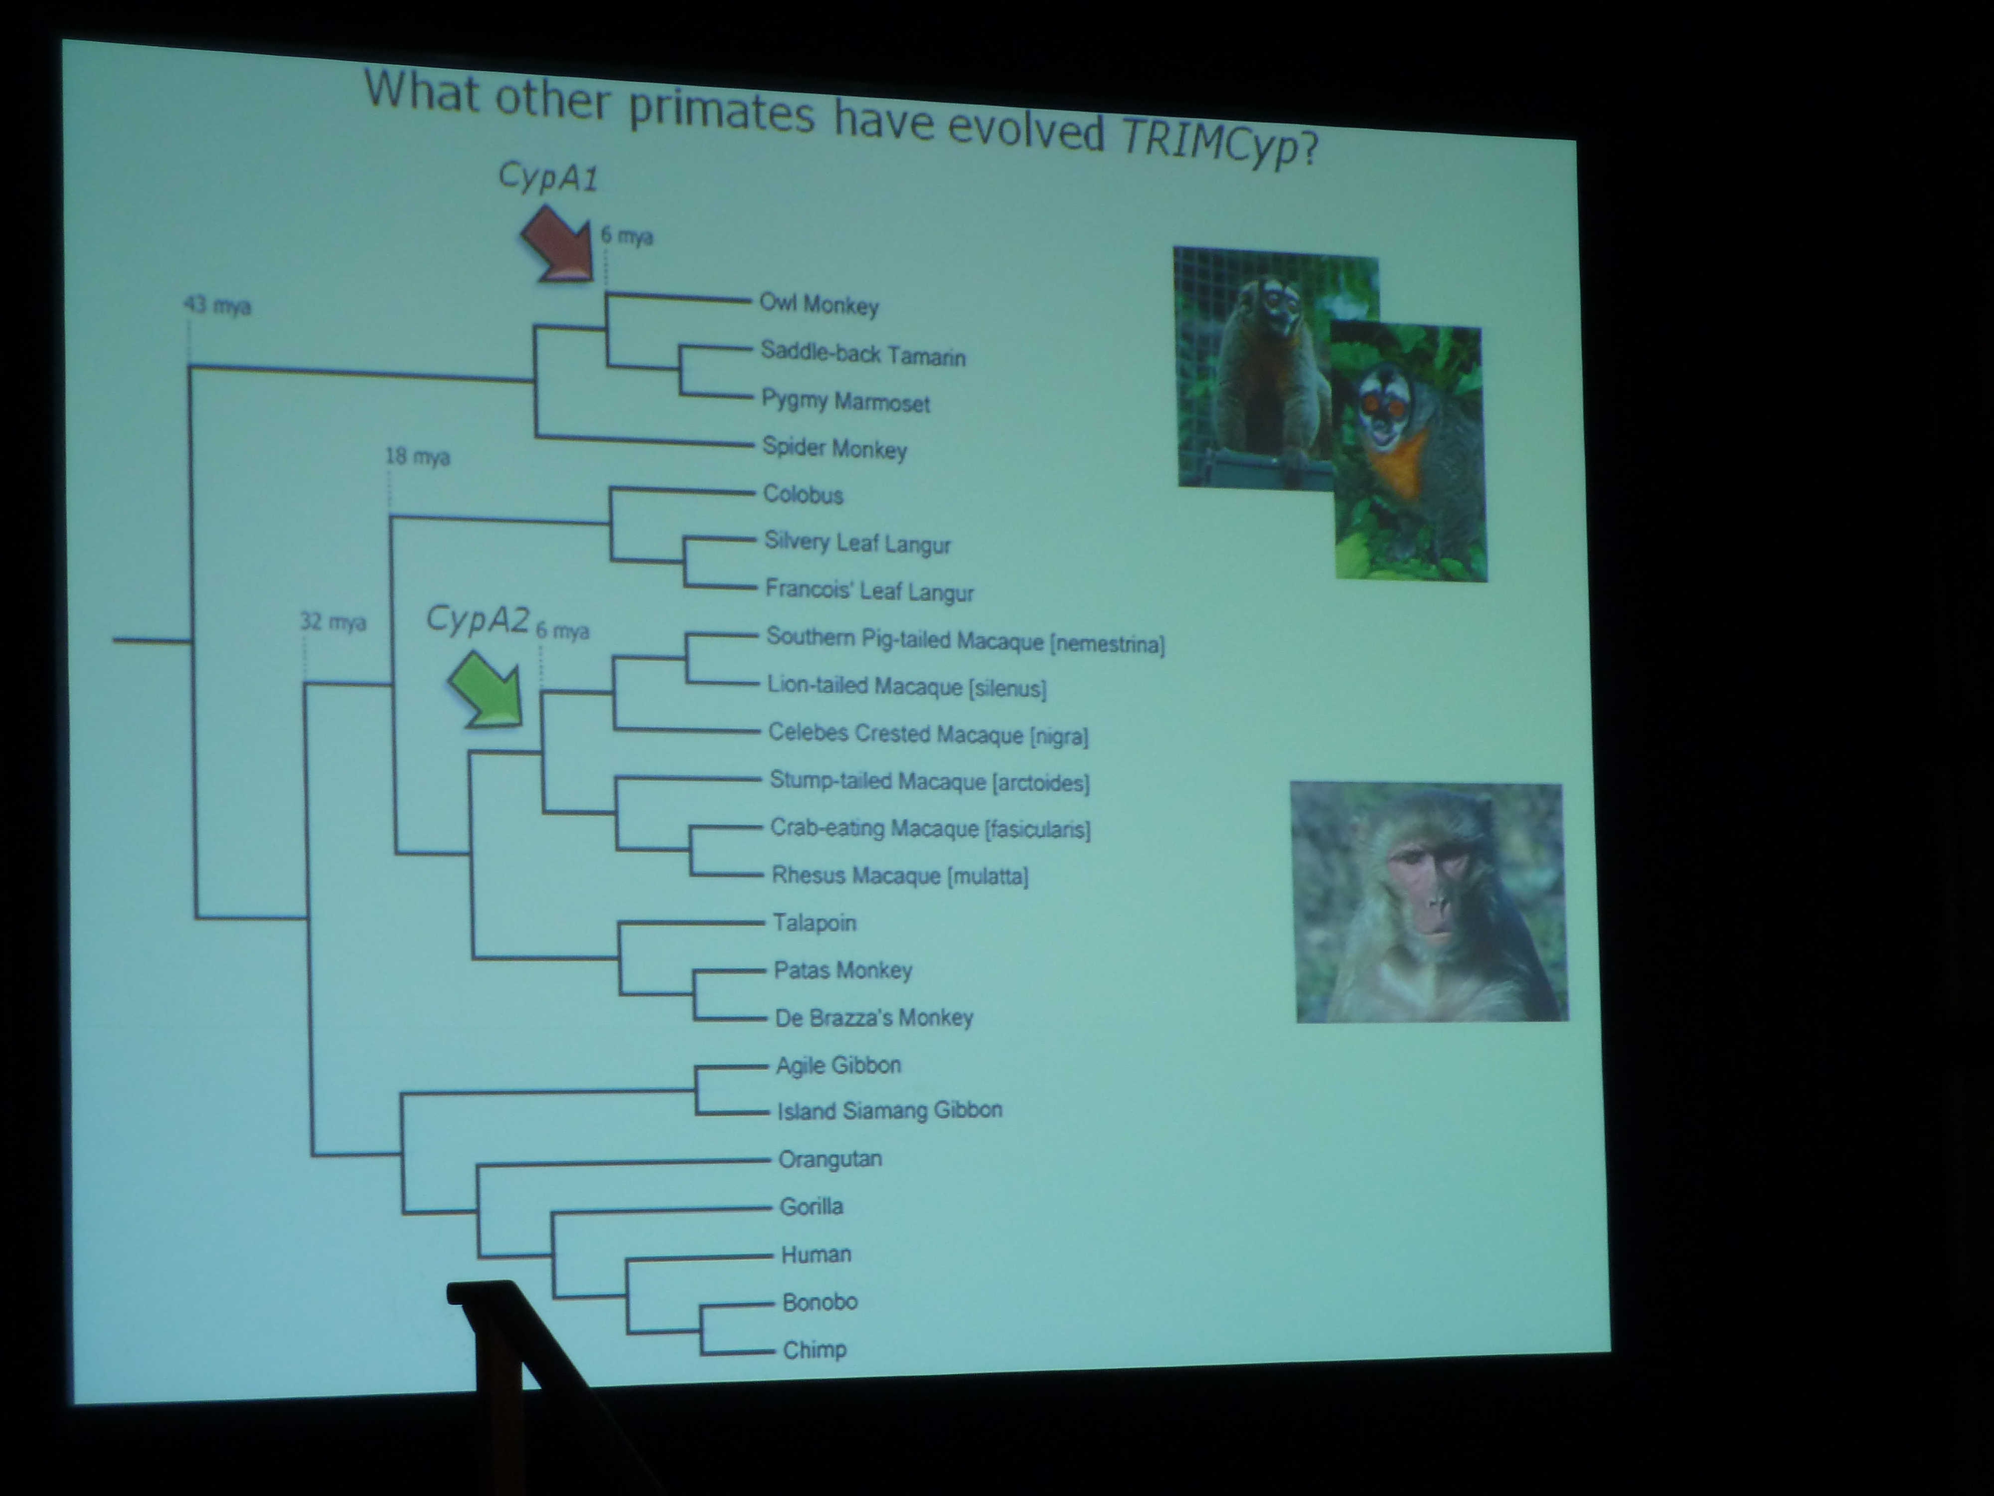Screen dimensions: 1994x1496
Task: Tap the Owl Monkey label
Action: click(x=819, y=305)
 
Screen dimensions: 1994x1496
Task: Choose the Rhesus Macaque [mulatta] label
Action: click(x=900, y=875)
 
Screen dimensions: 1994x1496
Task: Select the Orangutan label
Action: click(x=830, y=1159)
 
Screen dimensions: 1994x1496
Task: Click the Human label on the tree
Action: click(x=816, y=1254)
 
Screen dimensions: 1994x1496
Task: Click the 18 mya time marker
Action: click(x=417, y=456)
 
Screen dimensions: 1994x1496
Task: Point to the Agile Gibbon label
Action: click(x=838, y=1065)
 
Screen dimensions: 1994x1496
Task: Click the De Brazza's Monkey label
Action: click(x=873, y=1017)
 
